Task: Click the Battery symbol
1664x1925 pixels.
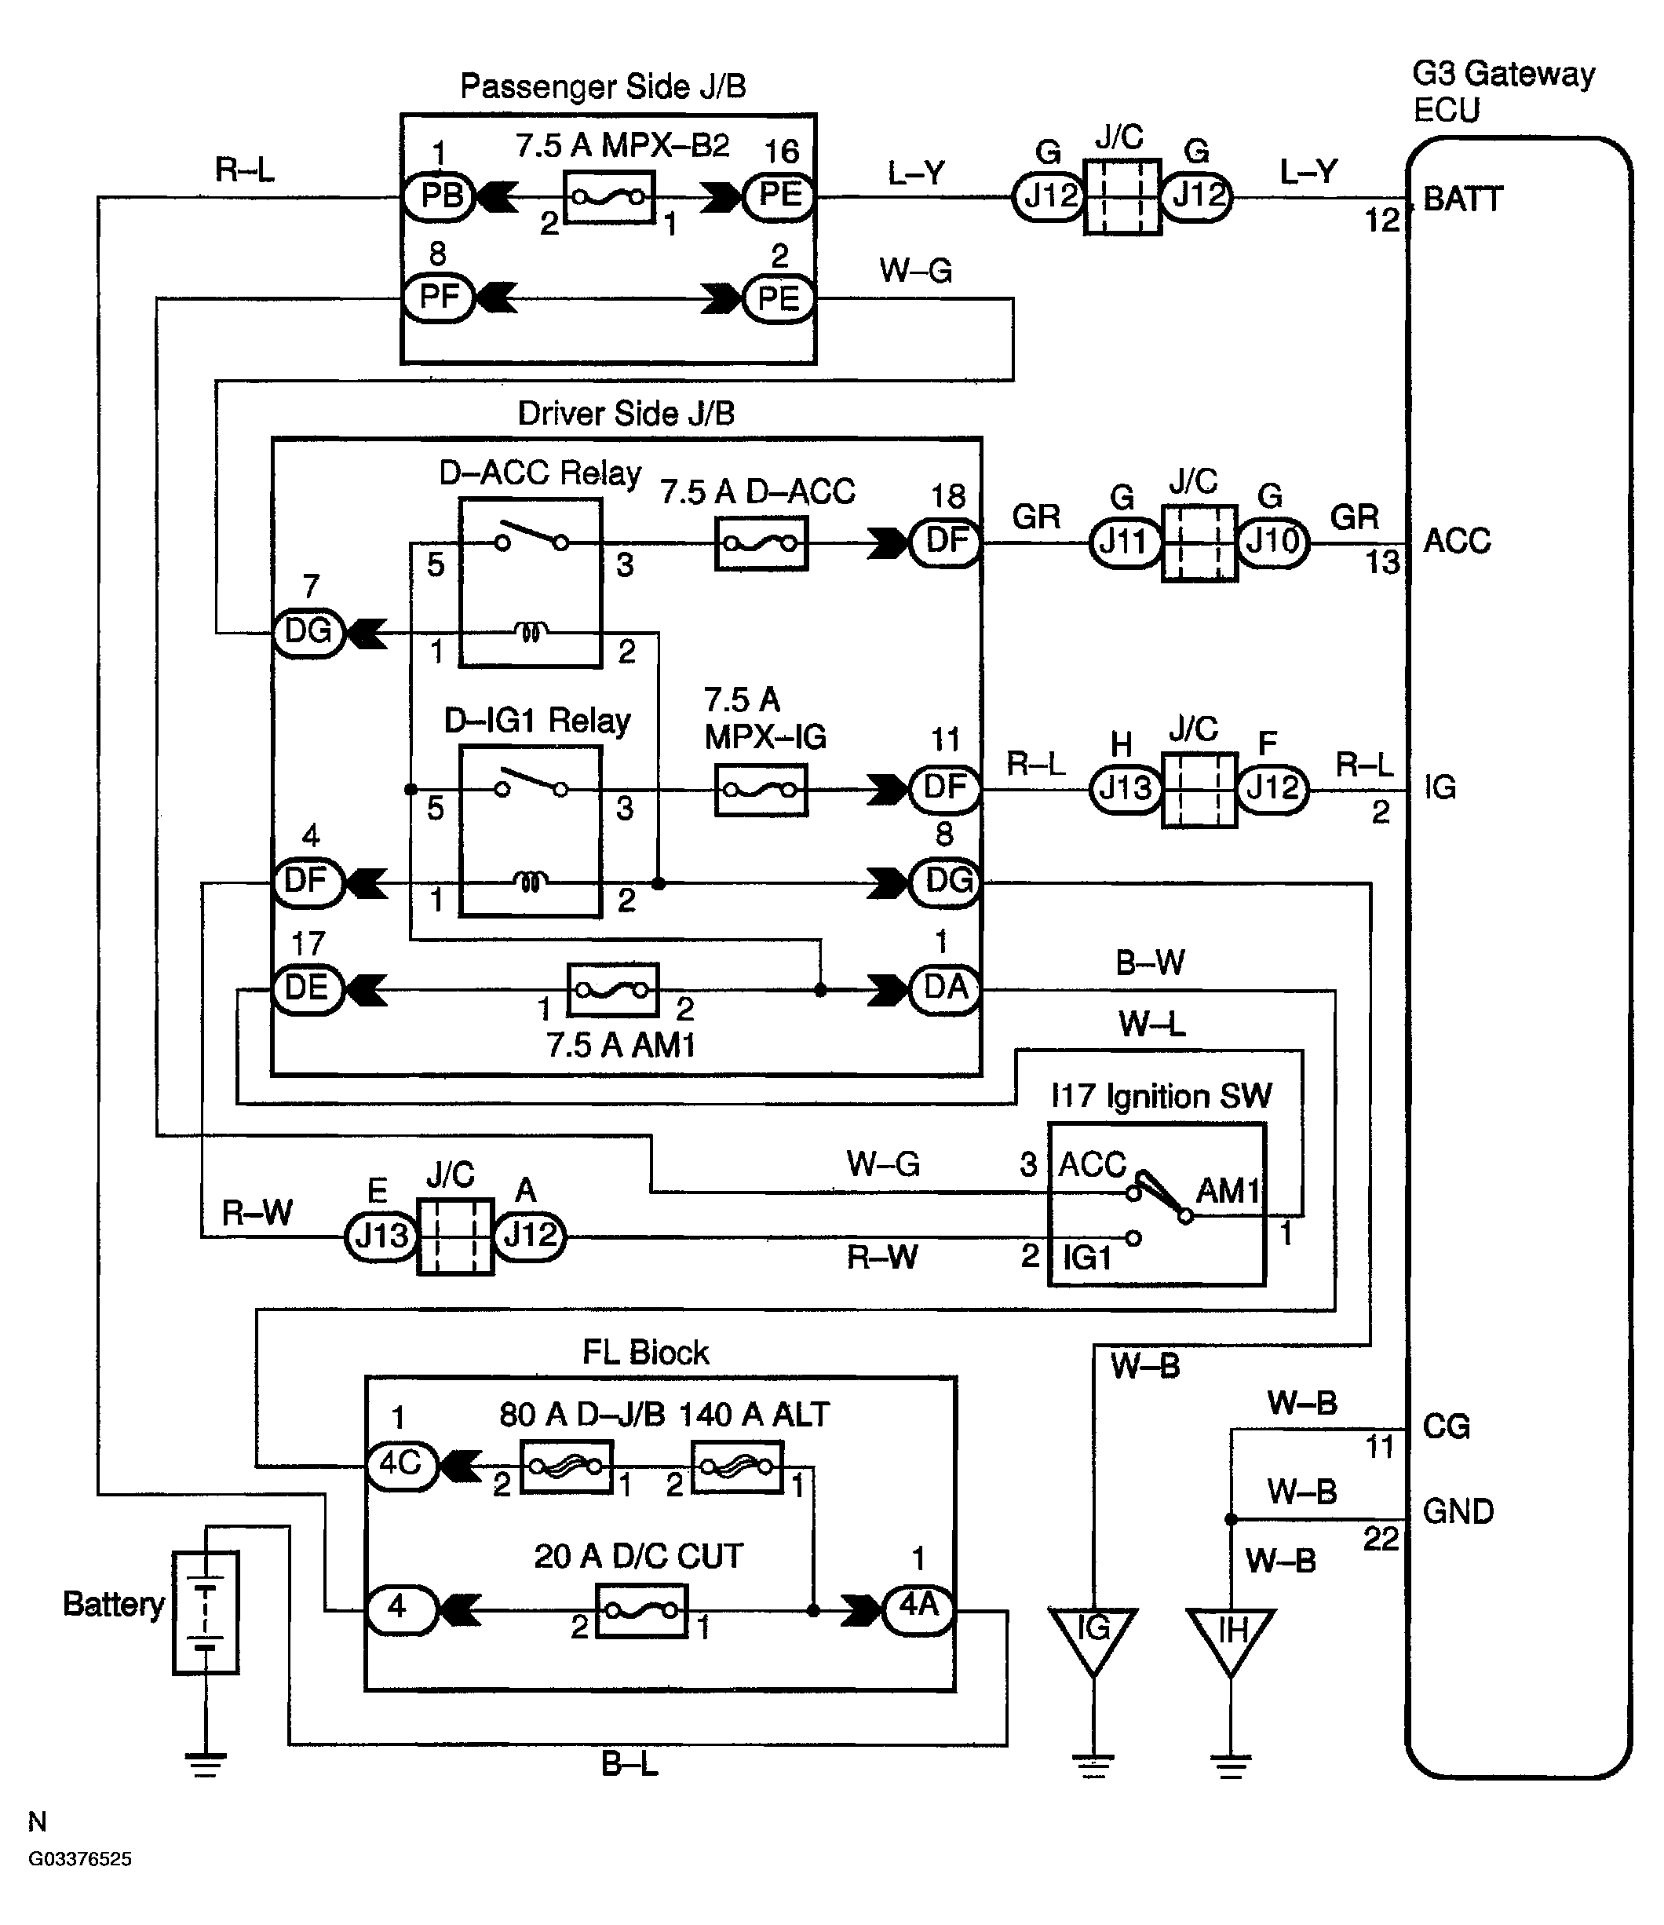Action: pyautogui.click(x=206, y=1613)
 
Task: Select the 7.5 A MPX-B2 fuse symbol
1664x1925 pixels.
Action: pyautogui.click(x=610, y=197)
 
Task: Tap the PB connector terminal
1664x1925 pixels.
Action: pyautogui.click(x=440, y=197)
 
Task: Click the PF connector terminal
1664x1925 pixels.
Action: pyautogui.click(x=440, y=298)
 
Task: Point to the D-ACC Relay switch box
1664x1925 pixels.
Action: pyautogui.click(x=531, y=583)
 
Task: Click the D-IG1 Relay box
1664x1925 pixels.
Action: pyautogui.click(x=531, y=831)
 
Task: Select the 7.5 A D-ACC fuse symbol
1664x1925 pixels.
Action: pyautogui.click(x=761, y=543)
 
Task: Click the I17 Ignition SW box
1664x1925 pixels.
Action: pyautogui.click(x=1157, y=1204)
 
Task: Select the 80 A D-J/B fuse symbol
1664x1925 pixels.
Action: pyautogui.click(x=566, y=1466)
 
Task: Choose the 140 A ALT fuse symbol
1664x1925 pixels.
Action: pyautogui.click(x=738, y=1466)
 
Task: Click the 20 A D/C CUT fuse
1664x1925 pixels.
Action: pyautogui.click(x=641, y=1610)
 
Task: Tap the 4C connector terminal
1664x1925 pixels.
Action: pyautogui.click(x=401, y=1466)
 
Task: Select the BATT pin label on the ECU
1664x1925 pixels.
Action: pyautogui.click(x=1462, y=199)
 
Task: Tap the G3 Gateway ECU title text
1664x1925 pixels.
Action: pyautogui.click(x=1503, y=92)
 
